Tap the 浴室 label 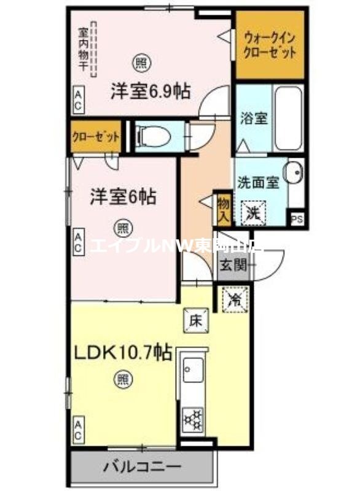click(254, 118)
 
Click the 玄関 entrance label click(233, 265)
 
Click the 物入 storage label click(222, 209)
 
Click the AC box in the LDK click(79, 430)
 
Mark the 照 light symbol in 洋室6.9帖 click(141, 62)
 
